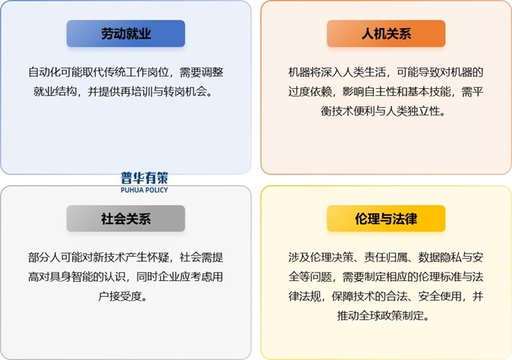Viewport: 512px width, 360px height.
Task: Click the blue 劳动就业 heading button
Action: [x=125, y=33]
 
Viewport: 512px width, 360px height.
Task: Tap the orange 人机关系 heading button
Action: [x=386, y=33]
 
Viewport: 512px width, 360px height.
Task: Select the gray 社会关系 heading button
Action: [x=125, y=219]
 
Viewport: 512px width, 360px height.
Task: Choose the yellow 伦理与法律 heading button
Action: [x=386, y=219]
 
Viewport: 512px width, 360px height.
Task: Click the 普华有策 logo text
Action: [x=144, y=178]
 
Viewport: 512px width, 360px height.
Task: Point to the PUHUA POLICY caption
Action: [x=144, y=189]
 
